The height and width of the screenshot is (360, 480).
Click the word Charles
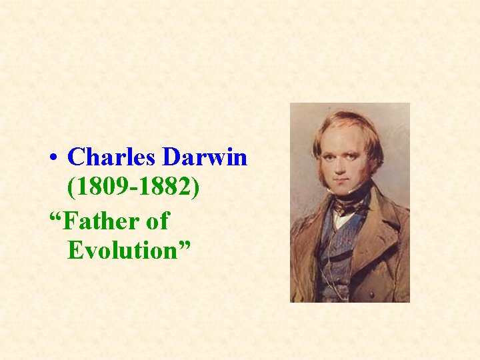(112, 157)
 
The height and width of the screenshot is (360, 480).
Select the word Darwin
(205, 157)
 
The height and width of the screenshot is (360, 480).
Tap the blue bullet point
(53, 159)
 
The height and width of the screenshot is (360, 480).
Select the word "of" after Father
(157, 221)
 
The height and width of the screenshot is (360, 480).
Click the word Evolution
(122, 251)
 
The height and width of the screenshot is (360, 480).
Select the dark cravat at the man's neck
(348, 200)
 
